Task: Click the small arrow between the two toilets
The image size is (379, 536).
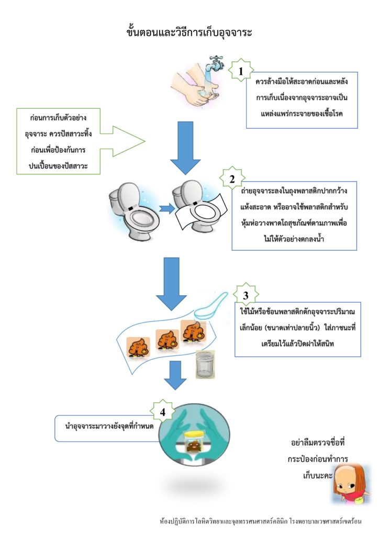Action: pos(166,208)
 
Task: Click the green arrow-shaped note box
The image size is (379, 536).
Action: pos(79,140)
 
